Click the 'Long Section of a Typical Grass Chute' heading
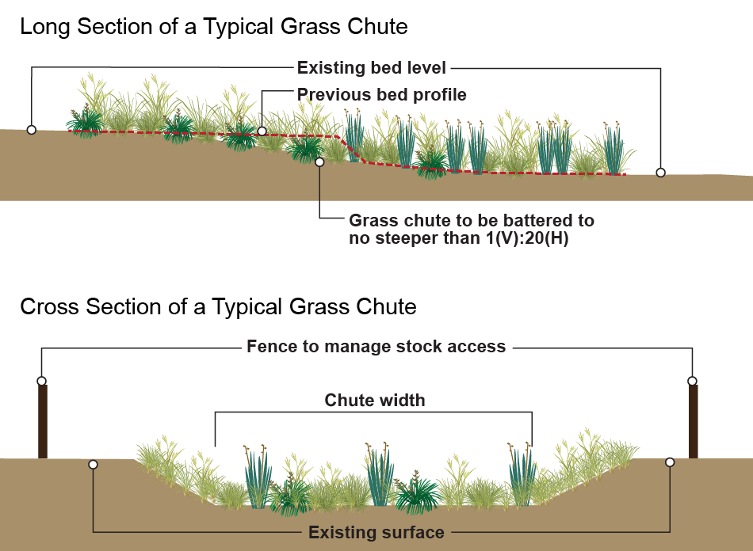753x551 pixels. pos(214,27)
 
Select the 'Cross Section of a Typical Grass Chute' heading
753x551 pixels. pos(218,306)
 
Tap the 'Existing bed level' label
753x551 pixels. pos(372,68)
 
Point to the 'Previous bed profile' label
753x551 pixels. pos(382,95)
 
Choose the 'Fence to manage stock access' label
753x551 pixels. pos(376,347)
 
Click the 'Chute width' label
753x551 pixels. pos(375,401)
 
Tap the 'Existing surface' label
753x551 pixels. pos(376,532)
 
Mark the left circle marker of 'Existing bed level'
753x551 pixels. pos(32,129)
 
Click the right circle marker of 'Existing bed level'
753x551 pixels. pos(660,172)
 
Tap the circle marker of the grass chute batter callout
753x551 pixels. pos(319,162)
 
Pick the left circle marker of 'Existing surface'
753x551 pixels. pos(94,464)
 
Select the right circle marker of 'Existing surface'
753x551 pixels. pos(670,462)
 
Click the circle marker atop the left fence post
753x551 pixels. pos(42,381)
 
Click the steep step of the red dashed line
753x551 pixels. pos(351,150)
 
